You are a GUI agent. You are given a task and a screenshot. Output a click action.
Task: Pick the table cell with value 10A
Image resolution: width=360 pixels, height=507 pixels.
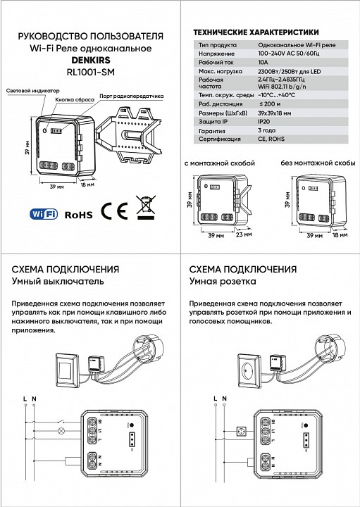point(244,62)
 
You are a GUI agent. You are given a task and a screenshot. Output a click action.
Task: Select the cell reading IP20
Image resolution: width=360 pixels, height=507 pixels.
point(246,122)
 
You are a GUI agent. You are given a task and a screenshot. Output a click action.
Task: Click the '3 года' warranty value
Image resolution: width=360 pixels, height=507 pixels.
point(248,131)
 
